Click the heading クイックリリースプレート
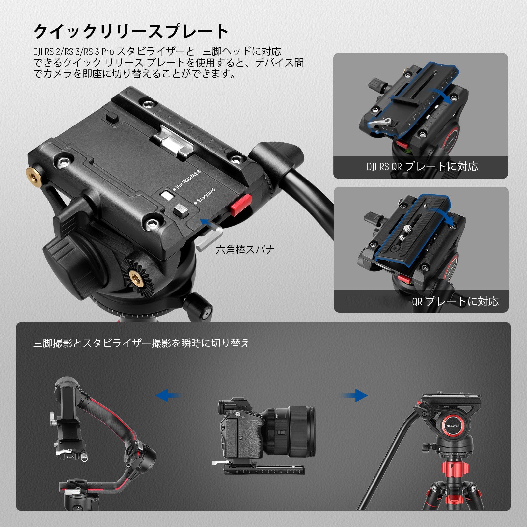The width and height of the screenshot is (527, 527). (131, 32)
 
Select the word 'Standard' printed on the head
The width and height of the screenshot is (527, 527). (206, 195)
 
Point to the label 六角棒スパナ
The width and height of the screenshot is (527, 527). (245, 250)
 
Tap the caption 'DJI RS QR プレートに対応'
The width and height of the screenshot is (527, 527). (422, 167)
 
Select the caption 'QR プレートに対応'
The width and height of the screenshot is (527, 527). (455, 301)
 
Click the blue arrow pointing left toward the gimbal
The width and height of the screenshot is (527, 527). (169, 394)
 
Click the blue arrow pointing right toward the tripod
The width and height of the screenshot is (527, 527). (355, 395)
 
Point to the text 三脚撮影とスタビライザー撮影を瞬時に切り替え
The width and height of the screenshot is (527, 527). (142, 343)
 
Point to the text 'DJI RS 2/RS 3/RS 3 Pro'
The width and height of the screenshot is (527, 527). (73, 52)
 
